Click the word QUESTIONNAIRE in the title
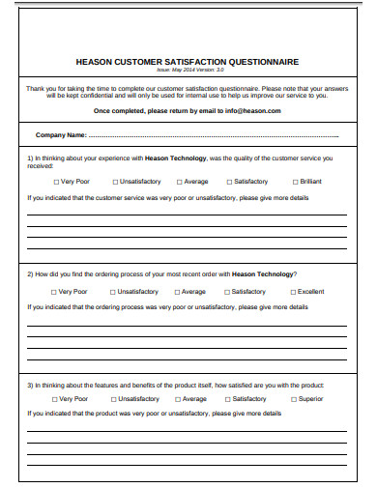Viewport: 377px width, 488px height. point(263,61)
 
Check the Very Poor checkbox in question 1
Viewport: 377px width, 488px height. point(54,181)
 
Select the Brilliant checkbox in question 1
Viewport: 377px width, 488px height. point(294,181)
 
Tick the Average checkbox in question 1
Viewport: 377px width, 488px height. point(178,181)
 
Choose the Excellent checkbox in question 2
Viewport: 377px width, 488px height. point(292,291)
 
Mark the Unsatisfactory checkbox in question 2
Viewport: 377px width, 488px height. point(112,291)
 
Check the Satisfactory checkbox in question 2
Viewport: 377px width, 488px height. point(227,291)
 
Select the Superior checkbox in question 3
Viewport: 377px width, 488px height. point(293,398)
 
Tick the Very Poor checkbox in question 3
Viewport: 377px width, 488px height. point(54,398)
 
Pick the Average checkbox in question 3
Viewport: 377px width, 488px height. point(178,398)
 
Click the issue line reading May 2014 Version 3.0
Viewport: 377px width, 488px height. point(189,70)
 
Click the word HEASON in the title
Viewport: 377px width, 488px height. point(97,61)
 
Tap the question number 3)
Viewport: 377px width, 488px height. point(31,383)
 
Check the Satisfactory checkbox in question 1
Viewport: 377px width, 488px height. point(229,181)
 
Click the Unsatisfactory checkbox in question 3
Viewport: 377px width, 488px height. point(114,398)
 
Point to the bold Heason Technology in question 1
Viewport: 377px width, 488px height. point(175,157)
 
